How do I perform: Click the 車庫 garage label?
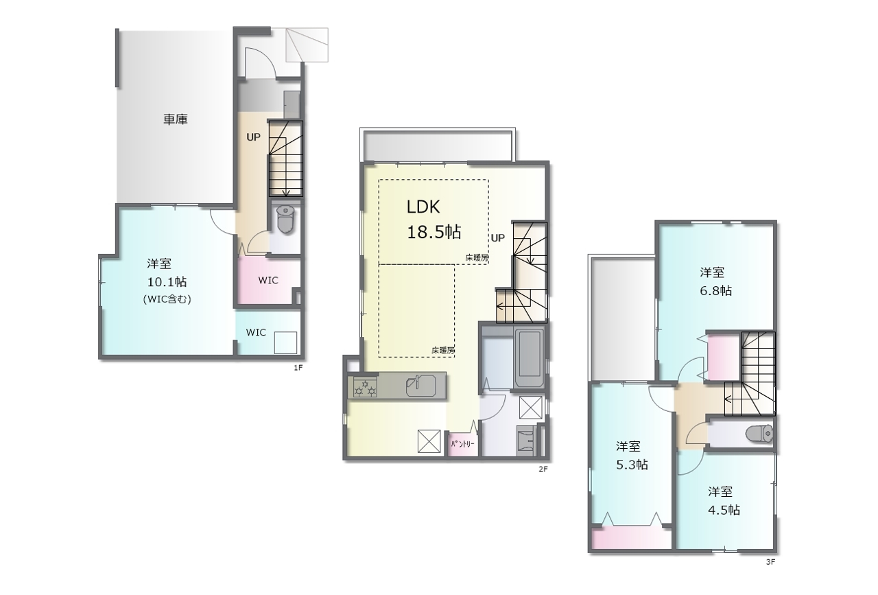click(175, 119)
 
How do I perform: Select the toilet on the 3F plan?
click(759, 434)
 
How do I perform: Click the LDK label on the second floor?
click(423, 207)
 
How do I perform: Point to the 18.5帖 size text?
click(434, 232)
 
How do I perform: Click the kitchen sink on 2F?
click(421, 386)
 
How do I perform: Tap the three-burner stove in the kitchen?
click(365, 387)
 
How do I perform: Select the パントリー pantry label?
click(462, 445)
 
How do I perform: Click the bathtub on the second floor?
click(529, 358)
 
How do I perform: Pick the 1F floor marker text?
click(298, 368)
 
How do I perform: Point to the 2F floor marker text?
click(543, 469)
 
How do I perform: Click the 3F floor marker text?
click(770, 561)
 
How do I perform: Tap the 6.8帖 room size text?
click(715, 290)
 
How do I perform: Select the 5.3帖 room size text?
click(632, 465)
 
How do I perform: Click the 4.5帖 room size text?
click(724, 510)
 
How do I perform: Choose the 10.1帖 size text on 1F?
click(167, 281)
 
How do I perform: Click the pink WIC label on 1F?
click(268, 281)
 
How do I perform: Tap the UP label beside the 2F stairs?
click(498, 237)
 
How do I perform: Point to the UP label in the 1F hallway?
click(253, 137)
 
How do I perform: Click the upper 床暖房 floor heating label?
click(477, 258)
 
